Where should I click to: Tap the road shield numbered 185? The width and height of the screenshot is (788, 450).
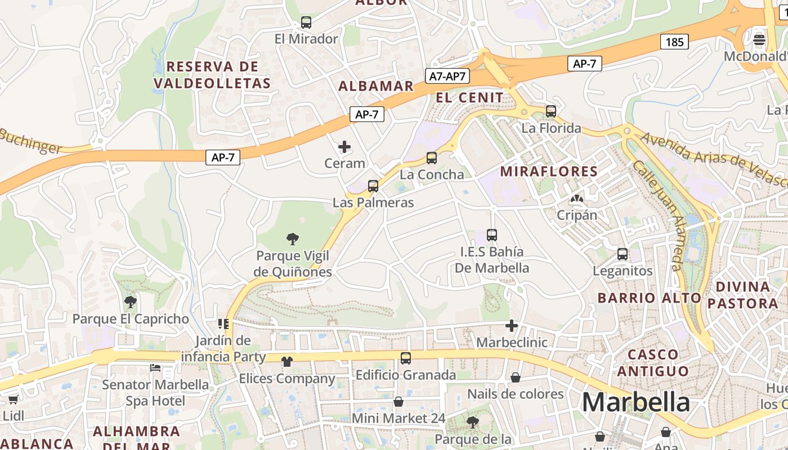(674, 42)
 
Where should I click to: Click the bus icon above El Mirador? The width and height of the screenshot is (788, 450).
(306, 22)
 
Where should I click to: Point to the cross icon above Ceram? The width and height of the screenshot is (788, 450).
(344, 147)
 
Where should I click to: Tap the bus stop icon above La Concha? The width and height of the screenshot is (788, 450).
(432, 158)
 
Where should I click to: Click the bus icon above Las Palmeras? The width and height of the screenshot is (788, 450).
(373, 186)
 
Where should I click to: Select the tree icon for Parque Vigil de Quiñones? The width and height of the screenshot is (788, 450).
(292, 239)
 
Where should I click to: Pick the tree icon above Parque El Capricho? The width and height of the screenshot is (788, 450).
(131, 302)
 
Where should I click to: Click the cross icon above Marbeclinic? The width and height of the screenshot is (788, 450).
(511, 326)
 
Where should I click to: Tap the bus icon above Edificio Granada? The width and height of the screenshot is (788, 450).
(405, 358)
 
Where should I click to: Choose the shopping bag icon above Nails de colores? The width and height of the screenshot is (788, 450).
(515, 377)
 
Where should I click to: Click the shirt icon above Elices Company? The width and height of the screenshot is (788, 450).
(287, 362)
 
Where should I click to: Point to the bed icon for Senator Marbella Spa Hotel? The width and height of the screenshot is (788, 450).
(155, 368)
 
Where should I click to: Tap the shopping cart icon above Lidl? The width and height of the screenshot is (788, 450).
(13, 399)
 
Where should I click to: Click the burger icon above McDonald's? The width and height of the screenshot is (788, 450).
(759, 39)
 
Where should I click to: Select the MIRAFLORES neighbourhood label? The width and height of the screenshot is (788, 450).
(548, 172)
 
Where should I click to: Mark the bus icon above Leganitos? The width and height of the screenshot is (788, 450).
(622, 254)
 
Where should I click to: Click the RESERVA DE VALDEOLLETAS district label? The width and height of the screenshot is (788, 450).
(212, 75)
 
